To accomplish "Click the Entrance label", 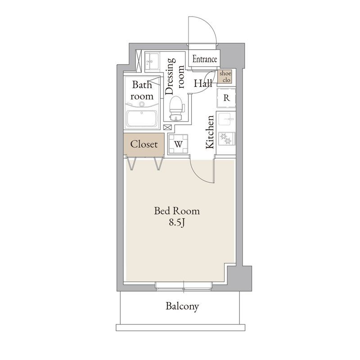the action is click(x=205, y=59).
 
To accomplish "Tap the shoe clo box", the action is click(x=225, y=76).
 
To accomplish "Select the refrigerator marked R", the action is click(x=226, y=98).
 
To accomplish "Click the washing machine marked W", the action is click(x=178, y=144).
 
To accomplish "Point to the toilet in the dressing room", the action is click(x=176, y=108).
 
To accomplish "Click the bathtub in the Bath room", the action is click(x=142, y=118).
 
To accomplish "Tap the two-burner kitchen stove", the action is click(x=227, y=139).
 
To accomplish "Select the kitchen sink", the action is click(x=226, y=119).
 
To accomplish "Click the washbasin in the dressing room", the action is click(x=152, y=61).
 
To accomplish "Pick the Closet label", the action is click(x=144, y=144).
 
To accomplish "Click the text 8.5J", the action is click(x=177, y=222).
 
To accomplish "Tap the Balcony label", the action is click(x=182, y=306).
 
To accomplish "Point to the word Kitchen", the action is click(x=210, y=132).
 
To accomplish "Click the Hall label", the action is click(x=203, y=83).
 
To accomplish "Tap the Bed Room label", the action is click(x=177, y=211).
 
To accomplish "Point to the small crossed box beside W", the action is click(x=167, y=127).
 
